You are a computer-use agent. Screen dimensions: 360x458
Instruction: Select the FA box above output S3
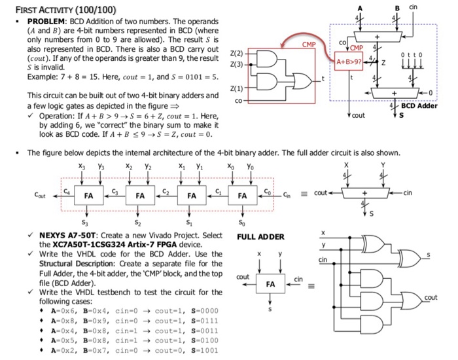88,195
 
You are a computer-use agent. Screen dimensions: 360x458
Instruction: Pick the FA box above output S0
243,195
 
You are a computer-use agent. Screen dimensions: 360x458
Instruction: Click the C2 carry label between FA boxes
166,191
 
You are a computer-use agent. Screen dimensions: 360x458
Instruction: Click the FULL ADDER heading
260,237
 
